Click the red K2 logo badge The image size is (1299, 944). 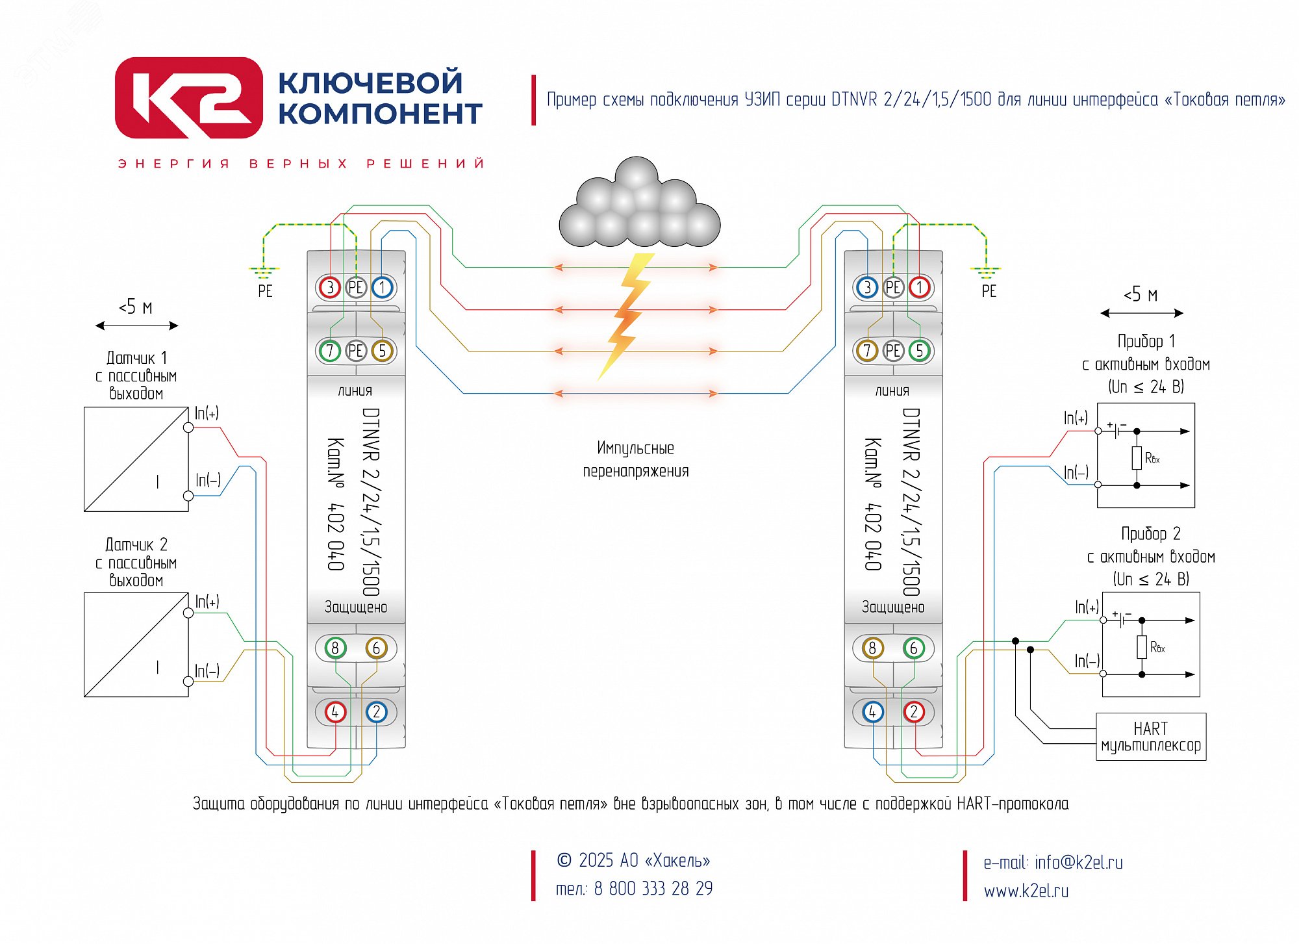188,98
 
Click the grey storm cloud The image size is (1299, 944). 640,202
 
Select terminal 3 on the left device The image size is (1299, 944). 330,287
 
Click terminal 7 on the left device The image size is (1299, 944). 330,351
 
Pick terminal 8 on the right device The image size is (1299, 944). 872,648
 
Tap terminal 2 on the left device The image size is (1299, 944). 376,712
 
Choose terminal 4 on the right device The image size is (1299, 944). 872,712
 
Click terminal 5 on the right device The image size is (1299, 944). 919,351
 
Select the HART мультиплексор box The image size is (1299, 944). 1150,737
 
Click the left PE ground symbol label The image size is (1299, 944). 265,291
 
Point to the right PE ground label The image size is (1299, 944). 989,291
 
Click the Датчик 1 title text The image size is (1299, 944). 136,358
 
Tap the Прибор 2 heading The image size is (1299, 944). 1150,534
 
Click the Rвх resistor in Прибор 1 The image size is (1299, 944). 1137,458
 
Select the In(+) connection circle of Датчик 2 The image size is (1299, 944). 188,613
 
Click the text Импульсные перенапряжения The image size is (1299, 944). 635,459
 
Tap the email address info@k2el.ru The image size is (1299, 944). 1078,862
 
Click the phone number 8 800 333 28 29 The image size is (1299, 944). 653,888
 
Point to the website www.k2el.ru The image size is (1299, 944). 1026,891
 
